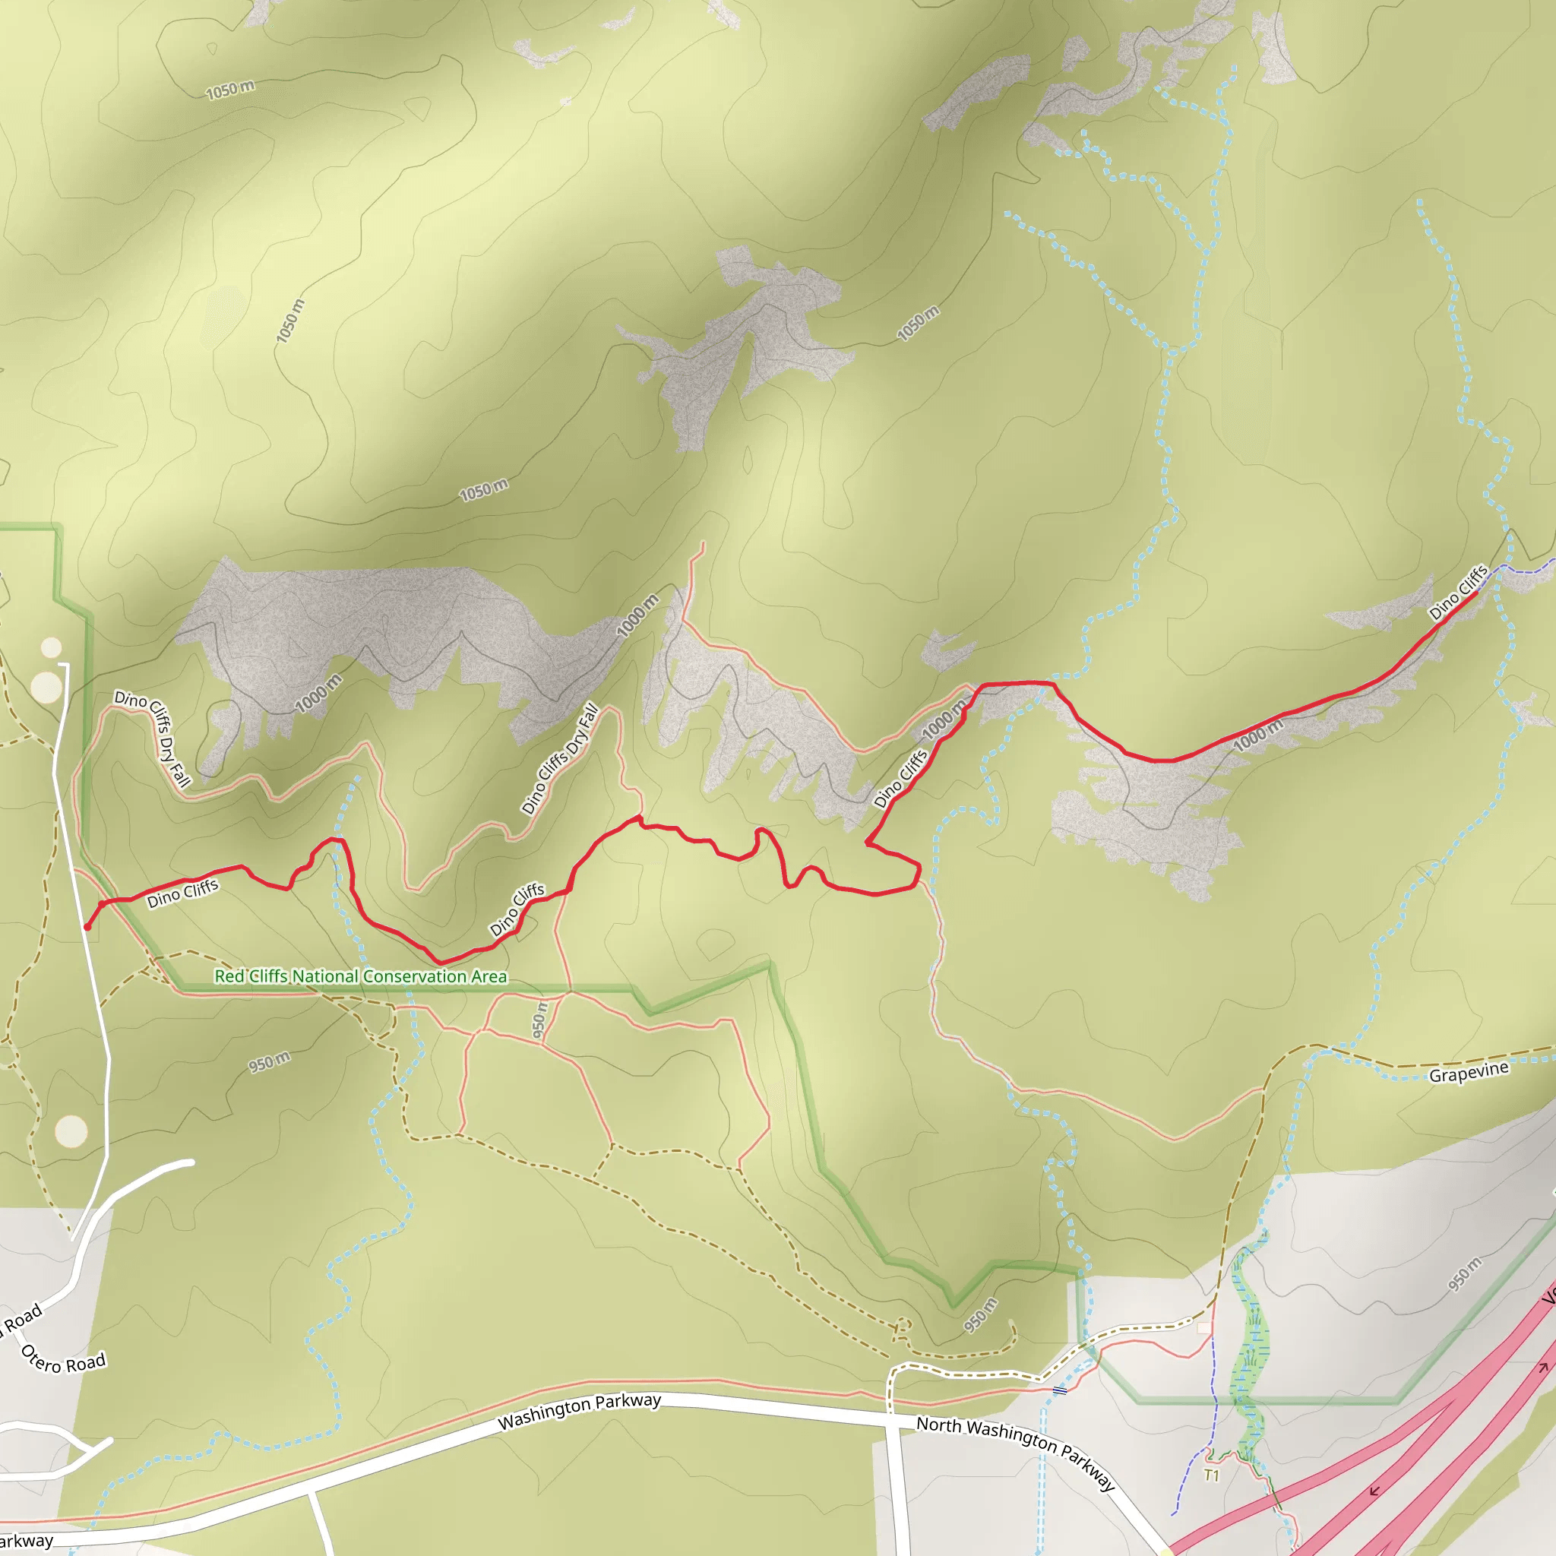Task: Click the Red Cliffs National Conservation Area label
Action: [x=361, y=976]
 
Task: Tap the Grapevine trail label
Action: [x=1468, y=1073]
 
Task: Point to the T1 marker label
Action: [x=1211, y=1475]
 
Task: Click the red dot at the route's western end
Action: [x=87, y=927]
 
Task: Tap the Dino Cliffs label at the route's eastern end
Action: [x=1458, y=592]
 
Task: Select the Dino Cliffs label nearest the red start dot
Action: [x=182, y=893]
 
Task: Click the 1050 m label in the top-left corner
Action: [x=229, y=90]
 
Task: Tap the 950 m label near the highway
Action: [x=1464, y=1274]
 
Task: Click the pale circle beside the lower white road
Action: [x=71, y=1131]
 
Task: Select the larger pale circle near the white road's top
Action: [x=46, y=687]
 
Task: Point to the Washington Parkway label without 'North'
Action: [x=579, y=1411]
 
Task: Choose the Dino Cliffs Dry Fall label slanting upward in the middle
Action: [x=560, y=759]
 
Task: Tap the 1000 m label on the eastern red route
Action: [x=1258, y=735]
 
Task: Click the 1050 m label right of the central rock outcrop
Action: [x=917, y=323]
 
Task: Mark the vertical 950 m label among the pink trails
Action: [x=539, y=1020]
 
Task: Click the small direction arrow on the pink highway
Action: [x=1374, y=1491]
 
